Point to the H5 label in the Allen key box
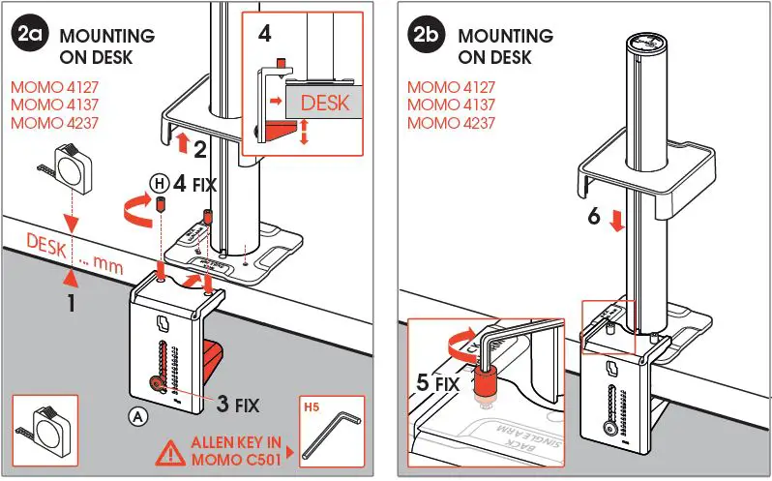click(x=311, y=407)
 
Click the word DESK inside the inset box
click(x=323, y=102)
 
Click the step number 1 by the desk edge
click(x=70, y=302)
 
